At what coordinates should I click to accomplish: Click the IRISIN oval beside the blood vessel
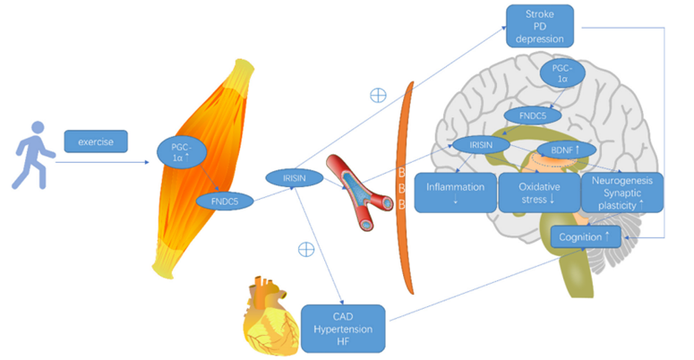tap(295, 178)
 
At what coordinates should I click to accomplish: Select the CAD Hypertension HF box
tap(343, 327)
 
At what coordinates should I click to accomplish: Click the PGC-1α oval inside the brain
tap(562, 74)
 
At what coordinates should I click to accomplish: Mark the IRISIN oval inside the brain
tap(479, 143)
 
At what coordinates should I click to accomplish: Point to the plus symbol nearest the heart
tap(306, 250)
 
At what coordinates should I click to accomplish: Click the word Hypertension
tap(343, 327)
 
